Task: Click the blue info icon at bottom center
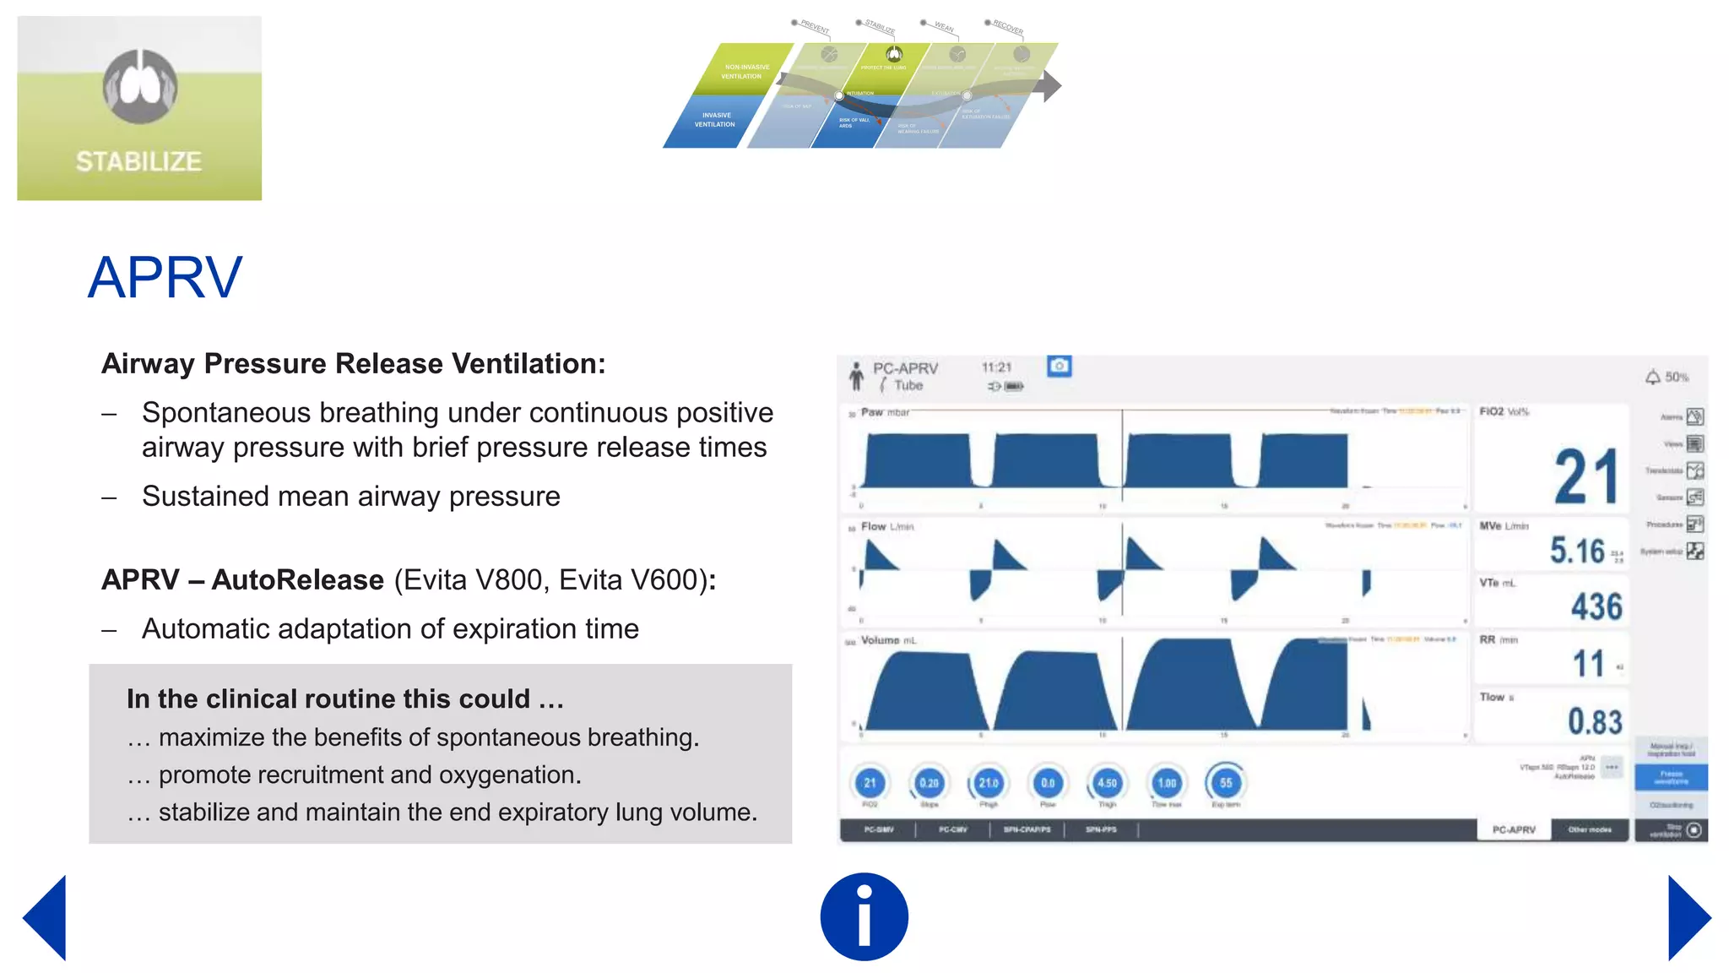(x=864, y=916)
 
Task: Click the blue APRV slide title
(x=165, y=277)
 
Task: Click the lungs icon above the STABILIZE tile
(x=140, y=86)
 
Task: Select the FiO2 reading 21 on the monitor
(x=1585, y=476)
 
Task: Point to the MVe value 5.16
(x=1577, y=551)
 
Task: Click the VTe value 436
(x=1596, y=606)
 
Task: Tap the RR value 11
(x=1588, y=664)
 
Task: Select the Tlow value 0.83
(x=1595, y=722)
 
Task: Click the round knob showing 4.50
(x=1107, y=783)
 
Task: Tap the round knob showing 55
(x=1226, y=783)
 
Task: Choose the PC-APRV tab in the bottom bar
(x=1514, y=829)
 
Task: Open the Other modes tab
(x=1590, y=829)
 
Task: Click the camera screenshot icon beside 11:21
(x=1060, y=366)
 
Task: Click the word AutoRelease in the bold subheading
(x=298, y=579)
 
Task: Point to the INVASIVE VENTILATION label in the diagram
(x=715, y=120)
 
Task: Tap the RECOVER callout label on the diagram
(x=1007, y=27)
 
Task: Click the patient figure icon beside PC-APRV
(x=856, y=376)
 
